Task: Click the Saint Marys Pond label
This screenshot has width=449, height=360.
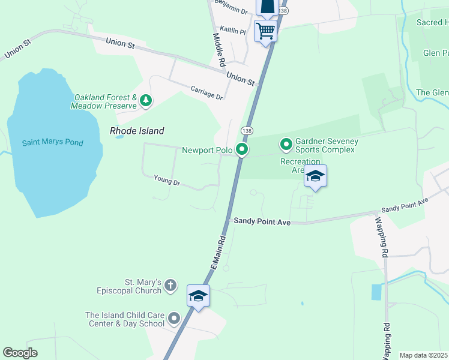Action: click(53, 143)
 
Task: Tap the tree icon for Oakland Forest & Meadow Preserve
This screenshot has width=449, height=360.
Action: click(145, 102)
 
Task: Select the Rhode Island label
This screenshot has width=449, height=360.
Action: click(137, 131)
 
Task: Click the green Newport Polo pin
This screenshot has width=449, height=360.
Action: click(242, 149)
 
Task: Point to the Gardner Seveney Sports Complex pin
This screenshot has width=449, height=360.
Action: click(286, 144)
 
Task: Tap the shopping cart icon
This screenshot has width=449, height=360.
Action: click(265, 30)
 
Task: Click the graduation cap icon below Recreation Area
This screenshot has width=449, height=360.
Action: click(315, 176)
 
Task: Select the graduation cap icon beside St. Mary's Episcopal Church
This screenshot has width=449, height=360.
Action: click(198, 296)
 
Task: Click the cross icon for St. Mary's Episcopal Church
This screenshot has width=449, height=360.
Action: click(170, 286)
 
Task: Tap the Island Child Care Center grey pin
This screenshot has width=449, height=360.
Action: click(174, 319)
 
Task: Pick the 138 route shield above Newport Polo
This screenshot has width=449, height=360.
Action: click(246, 130)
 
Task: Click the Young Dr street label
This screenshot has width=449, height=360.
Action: click(167, 179)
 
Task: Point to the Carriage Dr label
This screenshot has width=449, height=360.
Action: click(206, 93)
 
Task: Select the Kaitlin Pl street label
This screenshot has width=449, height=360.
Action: click(233, 30)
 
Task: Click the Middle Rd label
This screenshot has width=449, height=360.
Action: click(219, 49)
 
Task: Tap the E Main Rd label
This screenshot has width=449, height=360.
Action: click(217, 252)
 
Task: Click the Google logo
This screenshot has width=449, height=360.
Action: click(20, 353)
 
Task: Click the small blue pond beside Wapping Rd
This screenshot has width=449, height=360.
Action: click(376, 292)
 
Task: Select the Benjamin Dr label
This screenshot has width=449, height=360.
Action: click(231, 8)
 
